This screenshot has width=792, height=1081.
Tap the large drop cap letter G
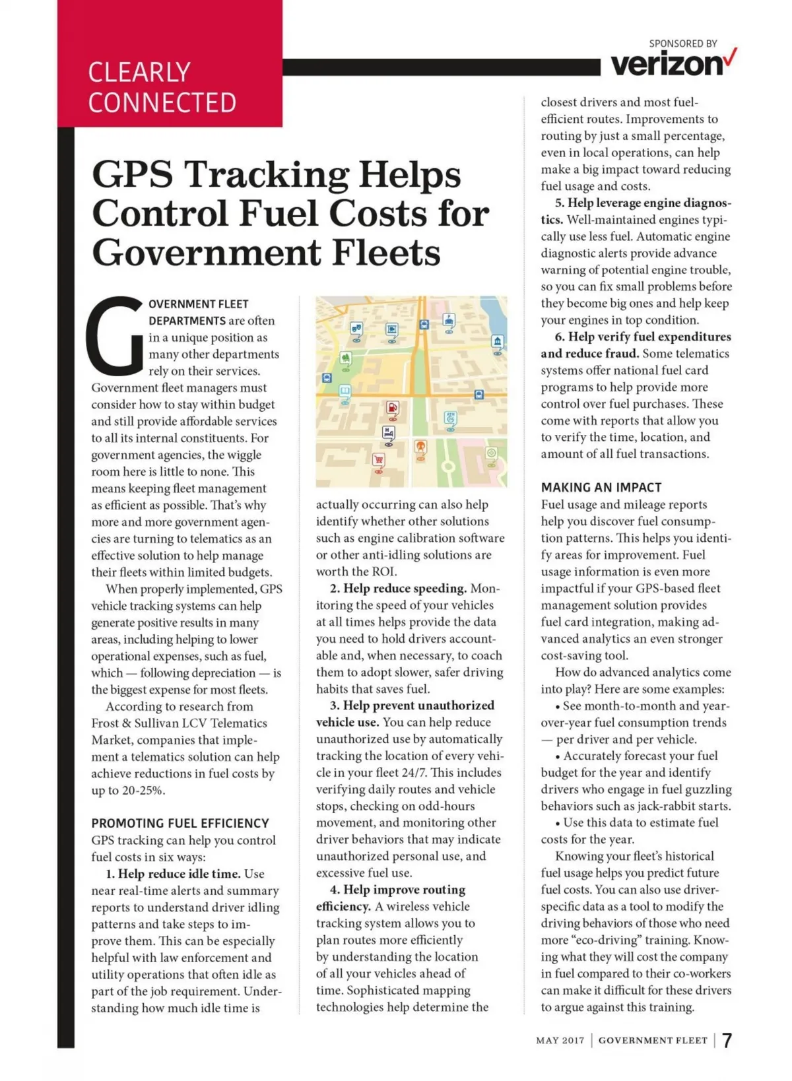[x=114, y=335]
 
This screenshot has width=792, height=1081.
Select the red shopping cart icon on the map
[x=378, y=460]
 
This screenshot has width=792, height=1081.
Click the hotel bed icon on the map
[x=388, y=434]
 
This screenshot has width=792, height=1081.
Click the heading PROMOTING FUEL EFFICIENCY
[x=180, y=823]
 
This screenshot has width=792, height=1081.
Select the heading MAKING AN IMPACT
[x=601, y=488]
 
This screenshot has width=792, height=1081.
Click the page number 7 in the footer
[x=727, y=1041]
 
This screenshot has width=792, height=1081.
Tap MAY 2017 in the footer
[x=560, y=1041]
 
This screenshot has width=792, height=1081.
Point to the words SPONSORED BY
[x=682, y=44]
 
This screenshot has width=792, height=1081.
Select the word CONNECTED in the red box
[x=162, y=103]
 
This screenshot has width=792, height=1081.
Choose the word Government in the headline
[x=205, y=253]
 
